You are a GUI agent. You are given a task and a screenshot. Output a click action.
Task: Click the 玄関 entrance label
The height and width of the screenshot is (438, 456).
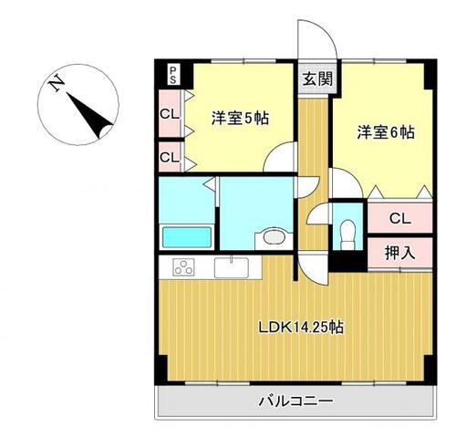(x=317, y=79)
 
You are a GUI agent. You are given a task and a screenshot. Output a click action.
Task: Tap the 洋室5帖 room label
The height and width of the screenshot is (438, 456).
(x=240, y=118)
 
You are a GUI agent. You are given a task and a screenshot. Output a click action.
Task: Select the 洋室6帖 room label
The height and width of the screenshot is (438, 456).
(x=386, y=132)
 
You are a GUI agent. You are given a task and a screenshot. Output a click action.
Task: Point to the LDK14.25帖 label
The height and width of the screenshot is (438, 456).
(x=301, y=328)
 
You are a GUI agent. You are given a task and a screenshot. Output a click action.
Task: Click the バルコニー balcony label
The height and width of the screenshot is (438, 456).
(x=295, y=401)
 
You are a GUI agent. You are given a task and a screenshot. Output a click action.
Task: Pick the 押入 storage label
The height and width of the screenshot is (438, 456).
(x=399, y=253)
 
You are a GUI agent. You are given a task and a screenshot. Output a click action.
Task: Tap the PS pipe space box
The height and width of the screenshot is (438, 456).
(x=173, y=76)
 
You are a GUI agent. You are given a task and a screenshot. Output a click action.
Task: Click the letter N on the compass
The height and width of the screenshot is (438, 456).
(x=57, y=83)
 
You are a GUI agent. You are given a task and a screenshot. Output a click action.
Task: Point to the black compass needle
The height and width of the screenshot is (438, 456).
(x=89, y=116)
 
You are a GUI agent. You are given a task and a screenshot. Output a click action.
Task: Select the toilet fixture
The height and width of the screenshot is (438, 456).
(x=348, y=235)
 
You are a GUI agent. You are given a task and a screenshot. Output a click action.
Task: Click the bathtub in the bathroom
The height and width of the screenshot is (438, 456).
(x=187, y=237)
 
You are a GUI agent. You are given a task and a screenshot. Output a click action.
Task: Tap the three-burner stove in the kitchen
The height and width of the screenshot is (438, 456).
(x=183, y=267)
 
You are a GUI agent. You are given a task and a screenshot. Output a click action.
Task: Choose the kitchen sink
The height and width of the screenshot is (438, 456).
(x=232, y=267)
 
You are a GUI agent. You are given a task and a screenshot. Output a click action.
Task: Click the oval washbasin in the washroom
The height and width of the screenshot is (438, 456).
(x=274, y=237)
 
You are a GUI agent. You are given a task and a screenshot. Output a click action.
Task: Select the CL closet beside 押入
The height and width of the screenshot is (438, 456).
(x=400, y=218)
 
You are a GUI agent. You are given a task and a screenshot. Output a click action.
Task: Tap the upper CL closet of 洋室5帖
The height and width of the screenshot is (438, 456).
(x=170, y=114)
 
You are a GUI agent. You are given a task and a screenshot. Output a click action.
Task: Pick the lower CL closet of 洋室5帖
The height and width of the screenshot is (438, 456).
(x=170, y=157)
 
